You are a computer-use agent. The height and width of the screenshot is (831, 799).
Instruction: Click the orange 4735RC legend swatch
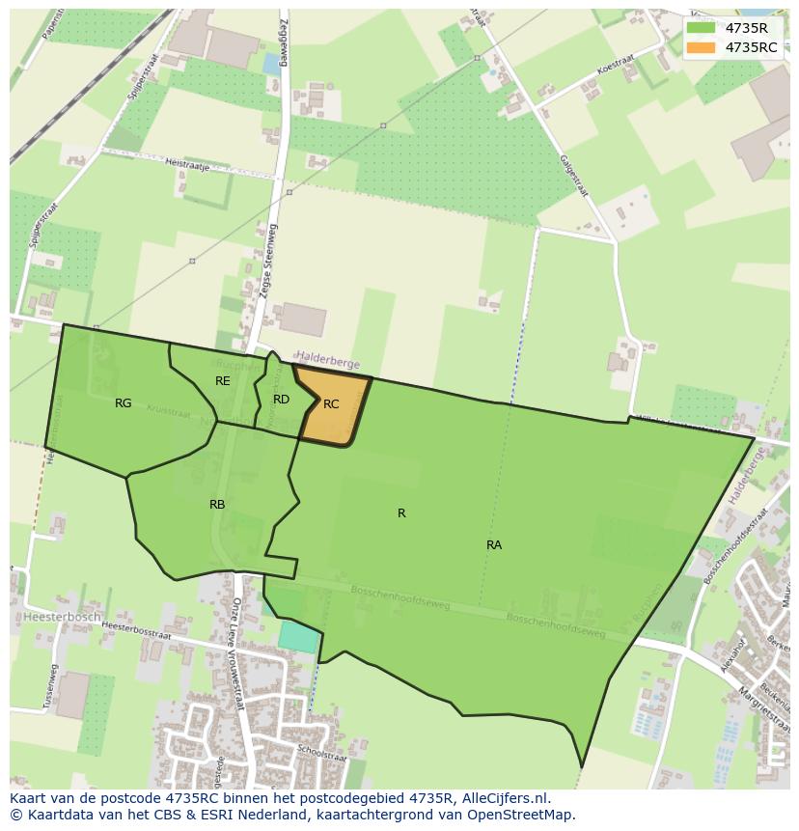pyautogui.click(x=701, y=47)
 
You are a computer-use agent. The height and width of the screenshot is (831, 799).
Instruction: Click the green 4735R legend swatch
pyautogui.click(x=701, y=28)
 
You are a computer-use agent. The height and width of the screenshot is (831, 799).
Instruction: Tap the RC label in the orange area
pyautogui.click(x=331, y=404)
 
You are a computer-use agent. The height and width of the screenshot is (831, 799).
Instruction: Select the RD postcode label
pyautogui.click(x=281, y=399)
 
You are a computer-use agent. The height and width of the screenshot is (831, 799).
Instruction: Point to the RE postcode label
pyautogui.click(x=223, y=381)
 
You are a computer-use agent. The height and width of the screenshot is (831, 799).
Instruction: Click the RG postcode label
pyautogui.click(x=123, y=403)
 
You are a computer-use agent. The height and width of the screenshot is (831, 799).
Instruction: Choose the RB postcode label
pyautogui.click(x=217, y=505)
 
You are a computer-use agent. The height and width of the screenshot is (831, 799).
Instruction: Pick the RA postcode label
pyautogui.click(x=494, y=545)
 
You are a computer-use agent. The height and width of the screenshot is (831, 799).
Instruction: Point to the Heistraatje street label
pyautogui.click(x=187, y=165)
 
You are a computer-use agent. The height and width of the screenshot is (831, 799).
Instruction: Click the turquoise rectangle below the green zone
pyautogui.click(x=297, y=636)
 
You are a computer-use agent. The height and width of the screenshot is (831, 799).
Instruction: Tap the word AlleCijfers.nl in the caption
pyautogui.click(x=502, y=798)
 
